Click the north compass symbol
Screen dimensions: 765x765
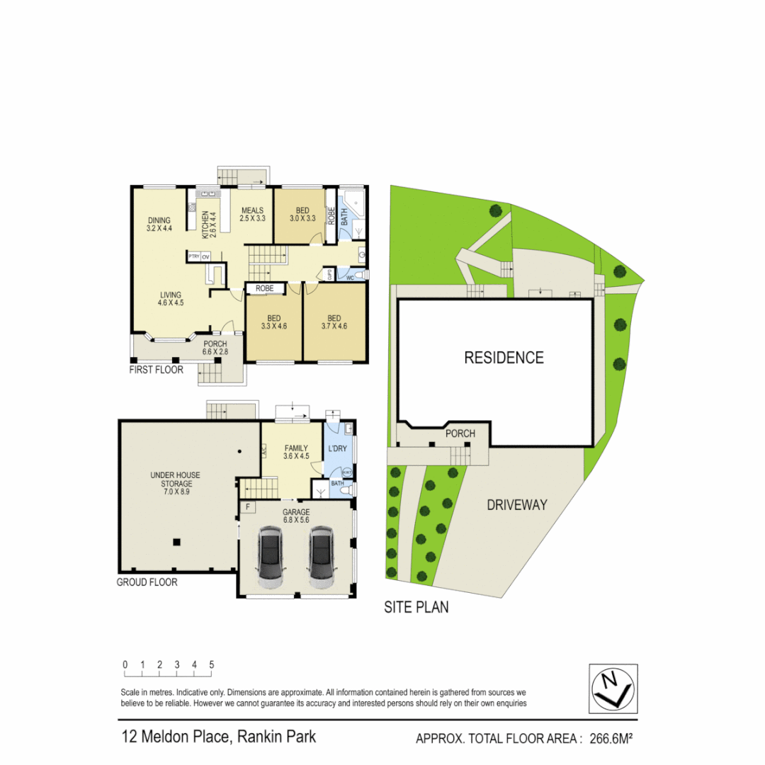[x=613, y=687]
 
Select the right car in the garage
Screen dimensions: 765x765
[x=320, y=558]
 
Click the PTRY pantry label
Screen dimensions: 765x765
[x=193, y=256]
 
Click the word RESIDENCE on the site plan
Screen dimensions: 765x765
[x=504, y=358]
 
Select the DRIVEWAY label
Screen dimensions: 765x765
[x=517, y=505]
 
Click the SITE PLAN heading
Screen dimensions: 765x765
[x=416, y=607]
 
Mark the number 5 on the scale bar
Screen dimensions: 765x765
[x=211, y=665]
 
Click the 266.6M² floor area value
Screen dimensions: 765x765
[x=608, y=739]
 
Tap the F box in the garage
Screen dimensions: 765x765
[x=248, y=507]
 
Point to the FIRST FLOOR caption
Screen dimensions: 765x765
[x=156, y=370]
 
